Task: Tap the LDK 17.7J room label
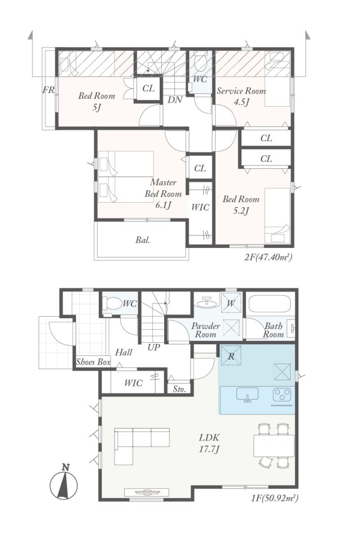(x=209, y=443)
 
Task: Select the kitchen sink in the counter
(x=247, y=395)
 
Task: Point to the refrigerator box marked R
(x=231, y=355)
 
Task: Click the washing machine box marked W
(x=231, y=303)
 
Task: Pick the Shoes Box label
(x=93, y=362)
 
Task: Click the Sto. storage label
(x=179, y=389)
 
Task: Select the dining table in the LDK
(x=274, y=446)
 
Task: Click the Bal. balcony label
(x=143, y=240)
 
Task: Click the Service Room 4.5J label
(x=241, y=97)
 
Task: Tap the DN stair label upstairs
(x=175, y=100)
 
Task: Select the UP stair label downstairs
(x=153, y=347)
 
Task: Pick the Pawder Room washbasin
(x=207, y=303)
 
